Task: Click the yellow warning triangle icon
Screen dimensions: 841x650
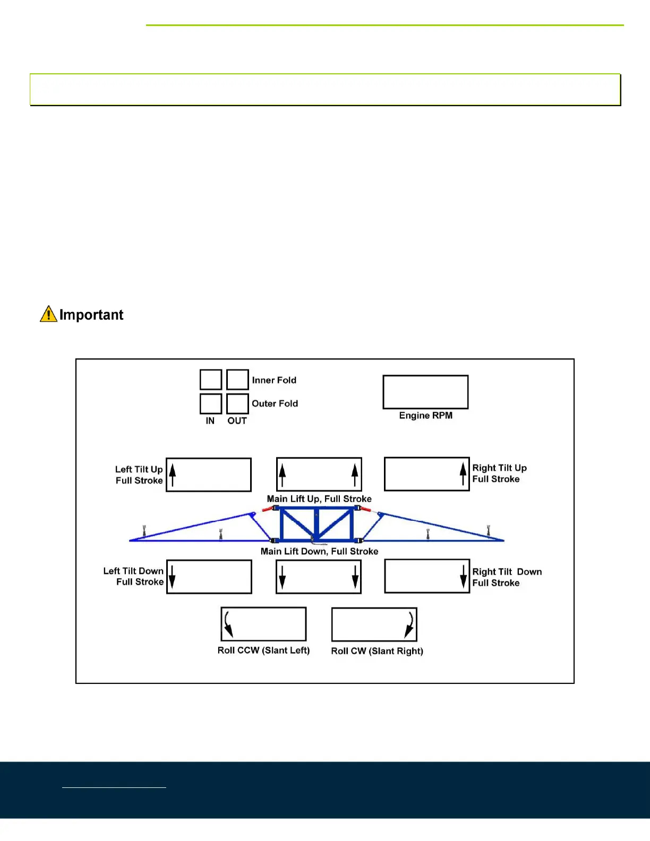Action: [x=48, y=314]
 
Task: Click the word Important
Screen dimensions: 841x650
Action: [x=91, y=315]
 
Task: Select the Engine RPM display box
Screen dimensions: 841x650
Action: [x=425, y=392]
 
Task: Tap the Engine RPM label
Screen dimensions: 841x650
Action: [x=426, y=415]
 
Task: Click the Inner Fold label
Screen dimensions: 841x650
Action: [x=274, y=380]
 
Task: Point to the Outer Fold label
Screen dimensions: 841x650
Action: [x=275, y=404]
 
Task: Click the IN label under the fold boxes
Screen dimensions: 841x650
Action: [x=210, y=420]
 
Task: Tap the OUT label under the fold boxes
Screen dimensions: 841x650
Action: [x=237, y=420]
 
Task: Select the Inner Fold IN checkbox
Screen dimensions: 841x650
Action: [x=211, y=380]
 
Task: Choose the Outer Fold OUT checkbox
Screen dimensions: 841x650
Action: [x=237, y=404]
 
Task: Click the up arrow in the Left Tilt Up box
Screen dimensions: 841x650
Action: [x=173, y=474]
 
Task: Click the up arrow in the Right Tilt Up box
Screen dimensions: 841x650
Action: [x=463, y=474]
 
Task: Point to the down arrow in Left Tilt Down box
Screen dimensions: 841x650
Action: [x=172, y=577]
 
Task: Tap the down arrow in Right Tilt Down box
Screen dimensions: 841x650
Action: [x=464, y=577]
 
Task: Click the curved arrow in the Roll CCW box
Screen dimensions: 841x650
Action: [x=228, y=624]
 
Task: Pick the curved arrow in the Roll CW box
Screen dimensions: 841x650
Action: [x=409, y=624]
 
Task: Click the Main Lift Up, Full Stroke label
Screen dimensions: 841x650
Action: [x=319, y=499]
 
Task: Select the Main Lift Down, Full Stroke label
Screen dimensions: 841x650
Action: [x=319, y=551]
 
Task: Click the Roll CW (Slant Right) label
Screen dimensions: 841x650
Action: [x=377, y=651]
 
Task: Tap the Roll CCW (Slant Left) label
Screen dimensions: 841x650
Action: [x=263, y=650]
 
